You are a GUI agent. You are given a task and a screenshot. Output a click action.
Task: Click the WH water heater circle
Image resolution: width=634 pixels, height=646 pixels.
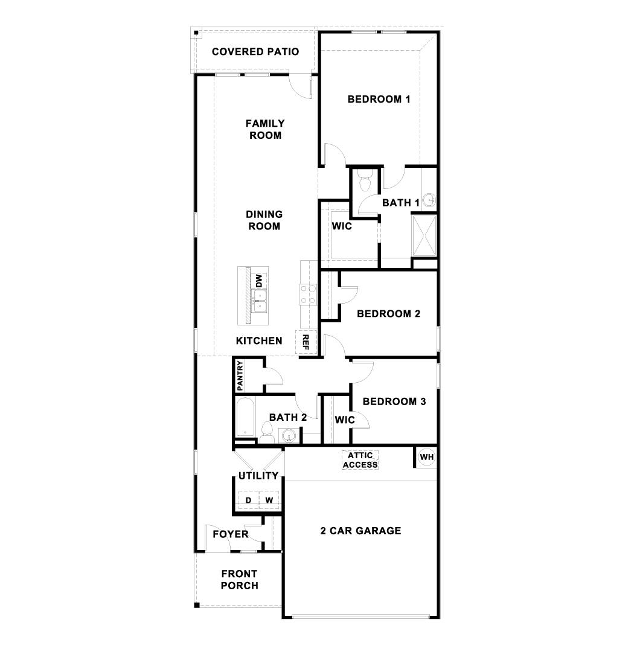point(427,457)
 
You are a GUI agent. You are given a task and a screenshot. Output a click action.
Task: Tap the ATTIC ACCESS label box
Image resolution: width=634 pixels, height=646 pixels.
point(360,460)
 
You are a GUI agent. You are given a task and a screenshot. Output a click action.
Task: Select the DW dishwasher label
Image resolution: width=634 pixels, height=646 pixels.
point(259,281)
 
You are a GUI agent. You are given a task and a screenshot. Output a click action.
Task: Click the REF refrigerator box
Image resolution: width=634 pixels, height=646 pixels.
point(305,342)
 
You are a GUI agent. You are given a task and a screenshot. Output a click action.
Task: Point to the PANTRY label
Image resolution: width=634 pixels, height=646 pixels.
point(240,376)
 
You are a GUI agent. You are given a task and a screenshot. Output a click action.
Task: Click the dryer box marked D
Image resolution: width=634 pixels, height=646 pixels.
point(248,500)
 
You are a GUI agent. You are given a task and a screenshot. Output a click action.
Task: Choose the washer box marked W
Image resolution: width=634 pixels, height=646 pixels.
point(269,500)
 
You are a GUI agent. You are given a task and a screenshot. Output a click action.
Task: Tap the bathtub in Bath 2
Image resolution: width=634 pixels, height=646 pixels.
point(244,417)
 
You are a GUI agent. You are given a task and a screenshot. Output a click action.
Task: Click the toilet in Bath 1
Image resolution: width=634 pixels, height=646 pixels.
point(365,181)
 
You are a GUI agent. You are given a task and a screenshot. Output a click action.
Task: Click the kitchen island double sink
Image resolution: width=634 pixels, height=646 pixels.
point(260,300)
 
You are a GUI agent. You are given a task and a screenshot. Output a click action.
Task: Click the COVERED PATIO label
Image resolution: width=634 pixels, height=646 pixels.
point(255,51)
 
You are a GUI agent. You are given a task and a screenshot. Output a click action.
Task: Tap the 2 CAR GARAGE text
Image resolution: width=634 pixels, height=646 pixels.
point(360,531)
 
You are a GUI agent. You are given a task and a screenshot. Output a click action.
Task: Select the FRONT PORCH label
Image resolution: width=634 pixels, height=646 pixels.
point(239,580)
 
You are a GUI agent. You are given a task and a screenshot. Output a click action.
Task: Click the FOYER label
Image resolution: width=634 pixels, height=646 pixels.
point(230,534)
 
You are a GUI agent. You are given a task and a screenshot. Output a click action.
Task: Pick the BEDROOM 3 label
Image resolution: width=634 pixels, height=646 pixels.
point(394,401)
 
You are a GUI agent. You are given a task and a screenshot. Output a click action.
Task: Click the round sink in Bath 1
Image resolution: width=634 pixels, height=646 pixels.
point(429,200)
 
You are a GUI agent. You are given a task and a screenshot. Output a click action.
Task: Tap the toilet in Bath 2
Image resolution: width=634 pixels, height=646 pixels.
point(267,431)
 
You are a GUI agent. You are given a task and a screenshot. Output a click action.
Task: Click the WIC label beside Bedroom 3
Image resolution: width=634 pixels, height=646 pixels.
point(344,419)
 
